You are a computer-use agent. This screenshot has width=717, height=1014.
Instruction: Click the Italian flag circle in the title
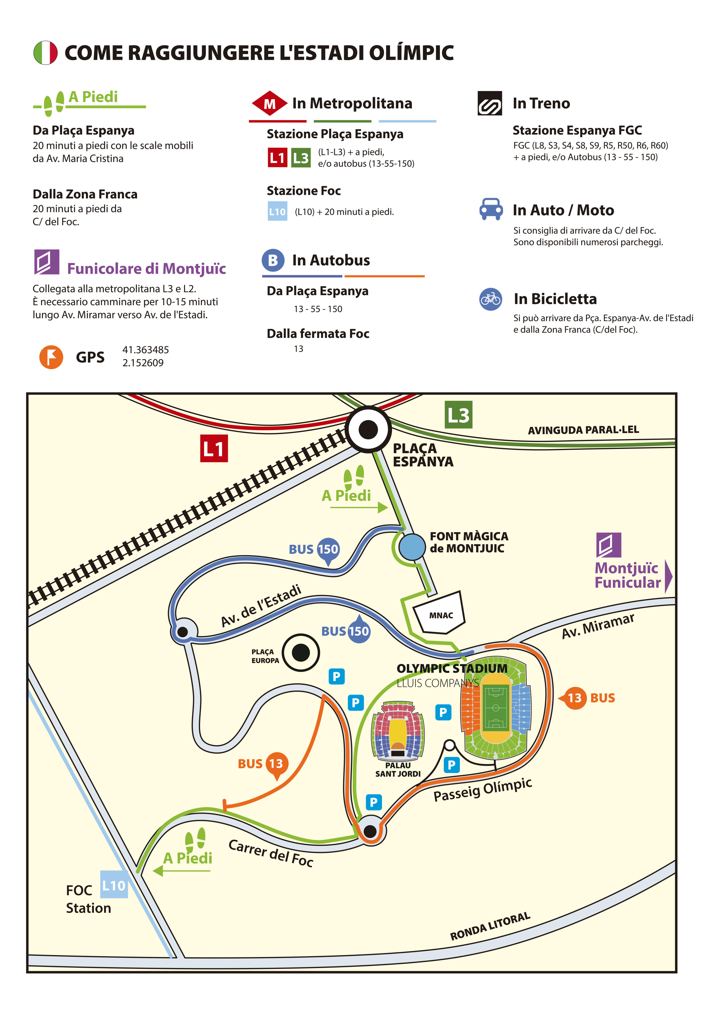45,53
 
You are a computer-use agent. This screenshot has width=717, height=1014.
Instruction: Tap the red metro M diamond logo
269,103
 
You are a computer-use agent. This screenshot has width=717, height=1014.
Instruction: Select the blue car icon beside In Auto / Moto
491,209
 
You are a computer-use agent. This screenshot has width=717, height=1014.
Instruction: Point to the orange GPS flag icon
51,357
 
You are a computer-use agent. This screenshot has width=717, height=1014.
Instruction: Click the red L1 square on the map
214,448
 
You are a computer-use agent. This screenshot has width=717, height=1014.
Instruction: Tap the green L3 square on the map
458,415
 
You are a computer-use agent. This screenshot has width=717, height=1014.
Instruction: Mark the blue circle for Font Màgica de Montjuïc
412,547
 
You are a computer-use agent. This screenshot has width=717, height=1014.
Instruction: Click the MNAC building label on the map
441,615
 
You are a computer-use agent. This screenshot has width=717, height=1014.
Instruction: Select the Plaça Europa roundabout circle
301,652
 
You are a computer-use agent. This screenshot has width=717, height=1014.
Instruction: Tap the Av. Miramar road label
598,625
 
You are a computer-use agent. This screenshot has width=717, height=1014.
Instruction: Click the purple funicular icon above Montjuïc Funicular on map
609,545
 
